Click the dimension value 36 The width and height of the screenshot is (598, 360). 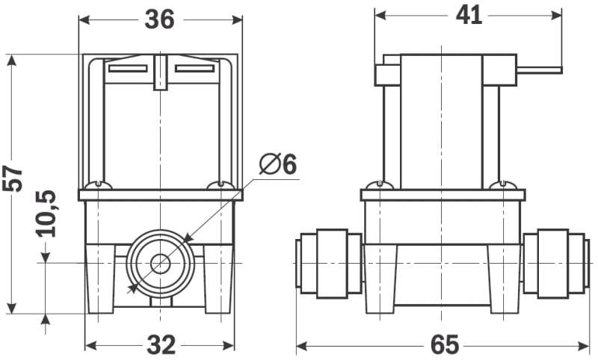(159, 19)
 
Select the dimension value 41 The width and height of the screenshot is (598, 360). (469, 16)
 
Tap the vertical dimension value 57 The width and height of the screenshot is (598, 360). (13, 179)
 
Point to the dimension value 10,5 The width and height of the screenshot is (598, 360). (46, 214)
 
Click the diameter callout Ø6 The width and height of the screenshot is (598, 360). (277, 164)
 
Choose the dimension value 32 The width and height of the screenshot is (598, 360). (161, 345)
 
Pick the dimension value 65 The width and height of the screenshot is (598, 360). (444, 345)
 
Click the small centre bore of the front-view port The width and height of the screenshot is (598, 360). (160, 264)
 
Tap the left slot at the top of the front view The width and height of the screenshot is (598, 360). (128, 69)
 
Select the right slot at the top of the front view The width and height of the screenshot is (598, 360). (194, 69)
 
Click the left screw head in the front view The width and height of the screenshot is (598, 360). (99, 185)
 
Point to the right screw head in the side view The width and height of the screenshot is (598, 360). (503, 185)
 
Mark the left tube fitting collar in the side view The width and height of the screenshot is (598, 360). (332, 264)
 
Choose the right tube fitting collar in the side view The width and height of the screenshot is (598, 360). (553, 264)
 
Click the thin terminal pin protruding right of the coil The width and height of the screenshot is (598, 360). (539, 70)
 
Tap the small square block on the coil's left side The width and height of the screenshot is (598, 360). (387, 75)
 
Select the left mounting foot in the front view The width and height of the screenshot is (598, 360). (100, 279)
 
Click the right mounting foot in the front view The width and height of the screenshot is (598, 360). (218, 279)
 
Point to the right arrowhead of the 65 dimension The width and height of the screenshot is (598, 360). (584, 346)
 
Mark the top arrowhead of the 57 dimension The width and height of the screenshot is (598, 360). (12, 60)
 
